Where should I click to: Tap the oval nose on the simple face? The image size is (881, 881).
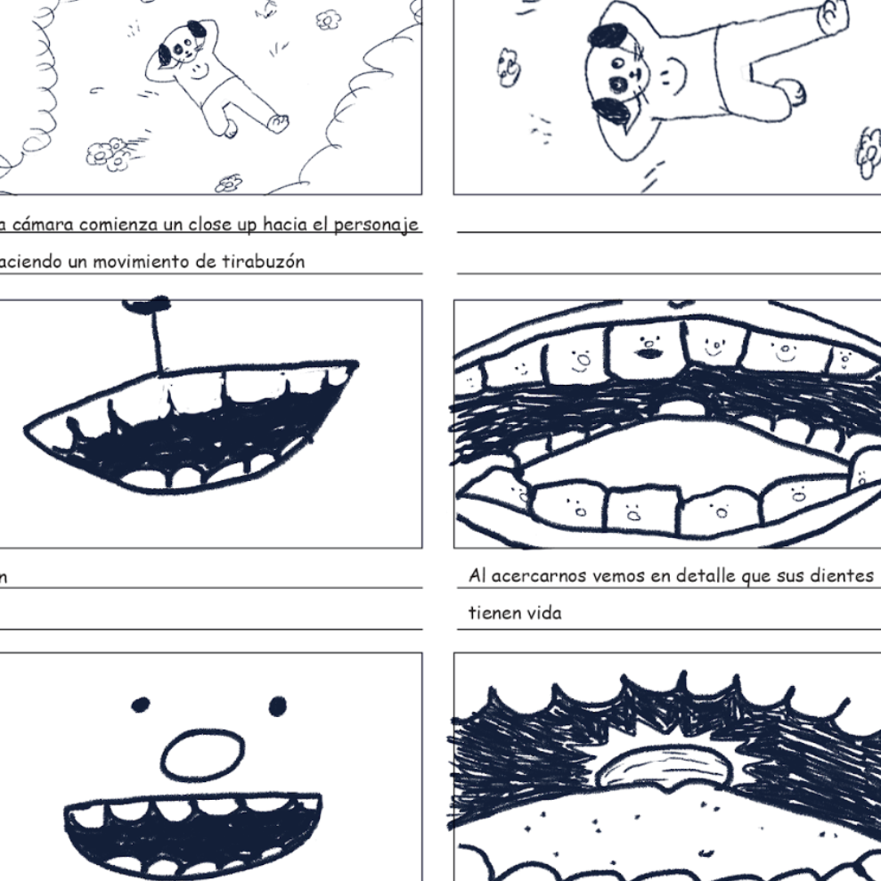(x=203, y=755)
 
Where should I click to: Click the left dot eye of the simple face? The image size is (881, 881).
(x=141, y=705)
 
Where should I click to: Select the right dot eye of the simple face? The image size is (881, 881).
(x=278, y=706)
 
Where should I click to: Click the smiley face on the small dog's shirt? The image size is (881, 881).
(x=197, y=71)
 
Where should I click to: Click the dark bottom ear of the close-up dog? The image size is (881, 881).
(x=611, y=111)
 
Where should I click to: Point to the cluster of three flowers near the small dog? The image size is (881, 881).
(x=107, y=152)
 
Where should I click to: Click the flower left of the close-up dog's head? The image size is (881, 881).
(x=508, y=67)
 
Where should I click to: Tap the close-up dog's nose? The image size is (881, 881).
(x=635, y=76)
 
